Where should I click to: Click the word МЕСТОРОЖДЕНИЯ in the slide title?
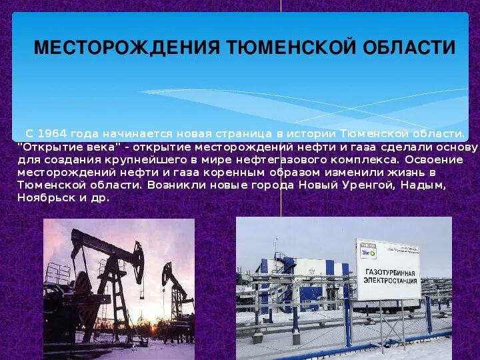[x=127, y=48]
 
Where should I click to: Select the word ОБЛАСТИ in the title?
[x=409, y=48]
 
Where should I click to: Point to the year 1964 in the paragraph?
[x=55, y=134]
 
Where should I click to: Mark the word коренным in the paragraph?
[x=225, y=172]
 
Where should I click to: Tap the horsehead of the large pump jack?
[x=137, y=254]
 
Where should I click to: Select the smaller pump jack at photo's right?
[x=175, y=287]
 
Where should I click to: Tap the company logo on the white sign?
[x=368, y=252]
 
